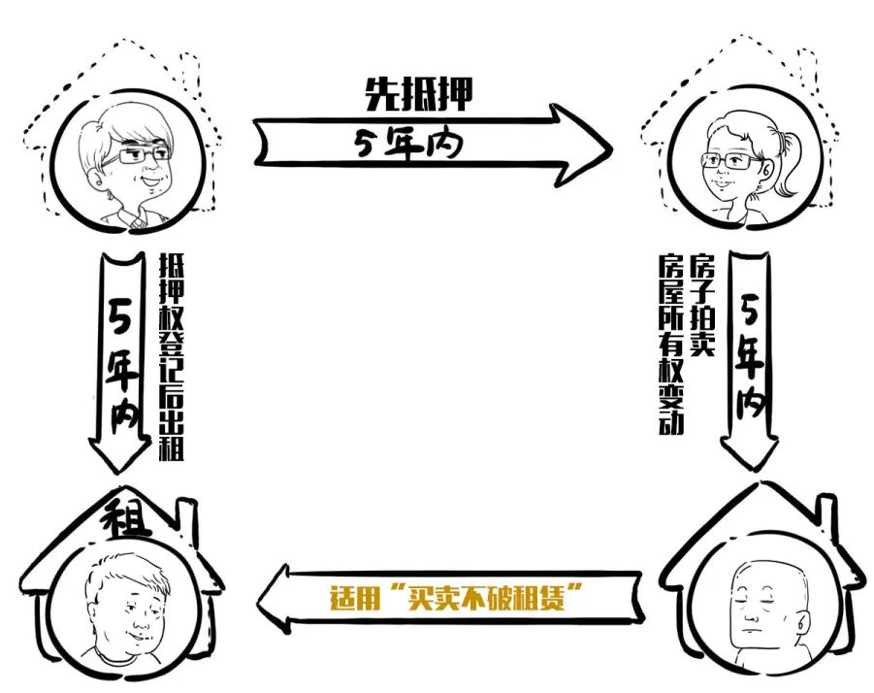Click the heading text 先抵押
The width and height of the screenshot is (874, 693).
(419, 94)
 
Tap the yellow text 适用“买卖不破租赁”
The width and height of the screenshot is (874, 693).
(456, 597)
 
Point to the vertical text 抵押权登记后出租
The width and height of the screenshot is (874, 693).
(171, 357)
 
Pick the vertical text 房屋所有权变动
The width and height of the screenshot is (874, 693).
(671, 344)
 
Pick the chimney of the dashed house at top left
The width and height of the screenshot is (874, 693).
(189, 73)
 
